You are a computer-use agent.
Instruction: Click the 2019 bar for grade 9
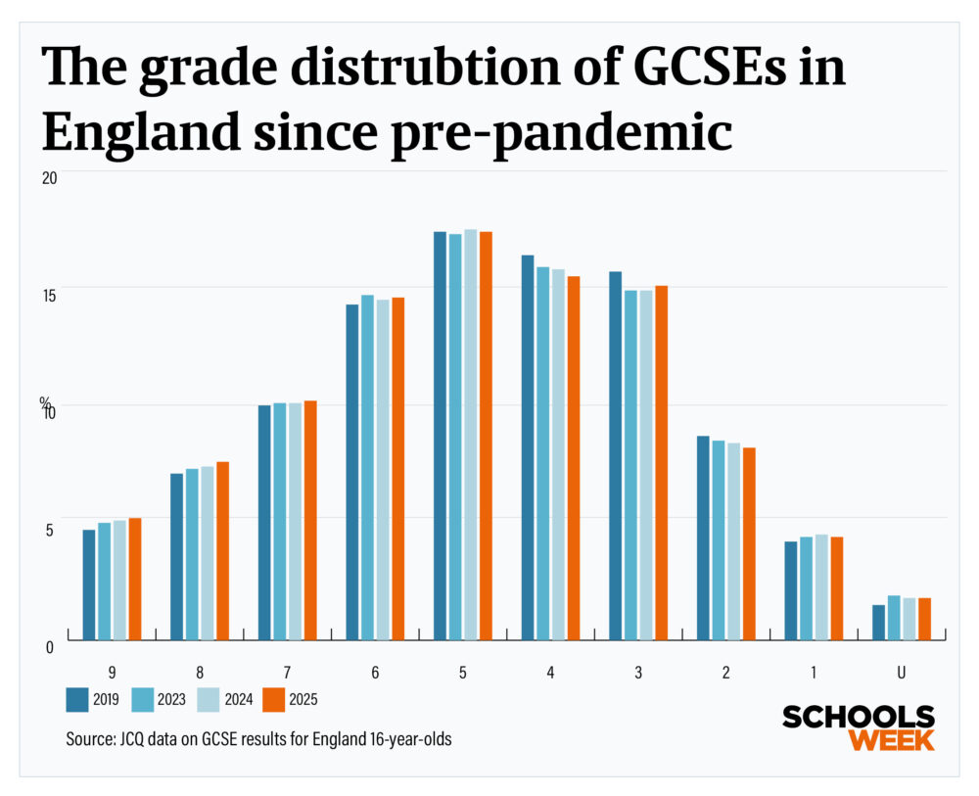pos(88,585)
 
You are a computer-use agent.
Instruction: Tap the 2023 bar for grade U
pos(894,618)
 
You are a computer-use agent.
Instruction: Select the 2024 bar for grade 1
pos(821,587)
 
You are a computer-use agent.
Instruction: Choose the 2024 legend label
pos(235,699)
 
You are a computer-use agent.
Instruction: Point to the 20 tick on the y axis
pos(49,177)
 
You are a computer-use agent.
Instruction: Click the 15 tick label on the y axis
pos(49,295)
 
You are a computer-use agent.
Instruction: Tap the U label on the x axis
pos(902,673)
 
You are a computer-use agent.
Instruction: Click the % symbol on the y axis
pos(44,401)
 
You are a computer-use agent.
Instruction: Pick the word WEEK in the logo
pos(891,739)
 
